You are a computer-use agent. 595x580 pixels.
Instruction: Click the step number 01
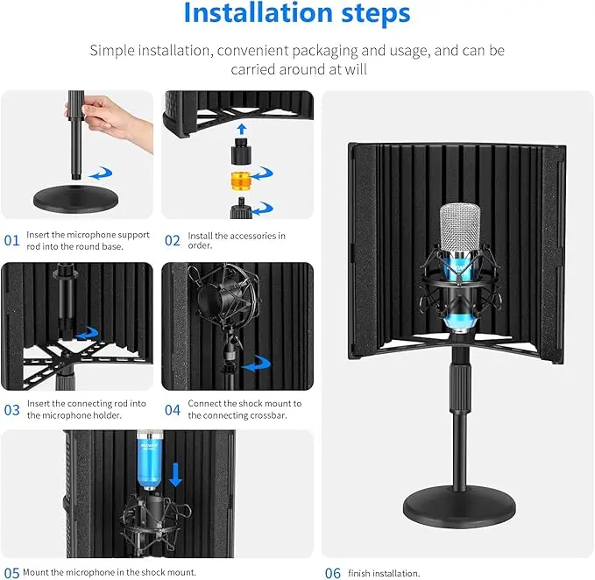click(11, 240)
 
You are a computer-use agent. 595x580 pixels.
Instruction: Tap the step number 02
click(173, 240)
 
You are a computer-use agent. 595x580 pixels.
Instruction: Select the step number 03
click(11, 410)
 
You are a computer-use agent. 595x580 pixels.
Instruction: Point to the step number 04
click(173, 410)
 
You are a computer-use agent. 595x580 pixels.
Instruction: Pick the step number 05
click(11, 573)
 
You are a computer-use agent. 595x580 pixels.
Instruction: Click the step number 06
click(333, 573)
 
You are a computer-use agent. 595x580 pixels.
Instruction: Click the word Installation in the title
click(259, 13)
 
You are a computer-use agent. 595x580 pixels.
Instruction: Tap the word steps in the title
click(376, 14)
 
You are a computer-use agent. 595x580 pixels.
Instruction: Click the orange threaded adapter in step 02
click(240, 181)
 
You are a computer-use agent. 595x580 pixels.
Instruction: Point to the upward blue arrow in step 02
click(242, 129)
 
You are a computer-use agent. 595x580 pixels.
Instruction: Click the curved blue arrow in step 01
click(100, 173)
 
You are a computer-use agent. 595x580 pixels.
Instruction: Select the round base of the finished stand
click(459, 506)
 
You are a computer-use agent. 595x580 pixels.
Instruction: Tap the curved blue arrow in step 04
click(257, 364)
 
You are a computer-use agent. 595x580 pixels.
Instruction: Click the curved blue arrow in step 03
click(87, 333)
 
